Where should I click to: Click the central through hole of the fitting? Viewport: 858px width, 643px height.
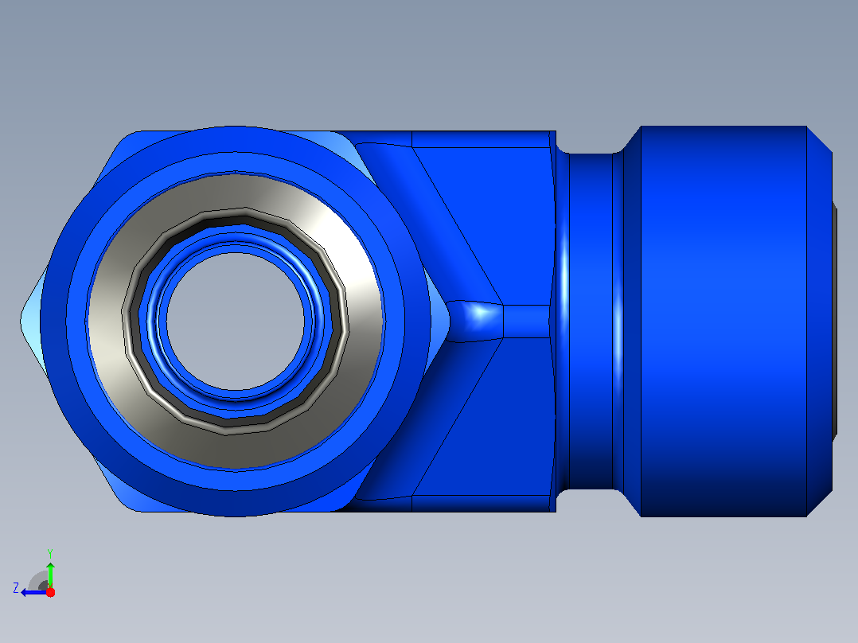[x=236, y=321]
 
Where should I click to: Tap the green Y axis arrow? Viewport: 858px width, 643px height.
[x=50, y=575]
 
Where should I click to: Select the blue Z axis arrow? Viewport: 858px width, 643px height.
[x=34, y=592]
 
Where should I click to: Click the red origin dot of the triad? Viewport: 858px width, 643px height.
[x=50, y=592]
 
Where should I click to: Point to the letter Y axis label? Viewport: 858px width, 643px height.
[x=50, y=553]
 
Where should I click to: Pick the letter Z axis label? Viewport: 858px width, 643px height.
[x=16, y=588]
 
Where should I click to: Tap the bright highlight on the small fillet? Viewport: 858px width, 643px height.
[x=481, y=313]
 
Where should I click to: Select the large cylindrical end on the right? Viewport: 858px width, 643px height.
[x=723, y=321]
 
